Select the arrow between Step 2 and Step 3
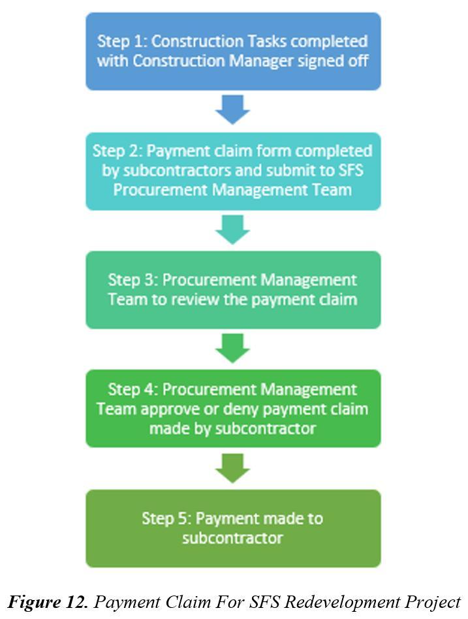click(x=233, y=229)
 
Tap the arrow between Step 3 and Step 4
click(x=233, y=348)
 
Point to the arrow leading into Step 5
click(x=233, y=468)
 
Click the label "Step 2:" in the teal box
click(x=117, y=151)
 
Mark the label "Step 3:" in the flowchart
click(x=132, y=280)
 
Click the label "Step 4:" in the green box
click(x=132, y=390)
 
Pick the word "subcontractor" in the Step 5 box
click(x=233, y=539)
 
